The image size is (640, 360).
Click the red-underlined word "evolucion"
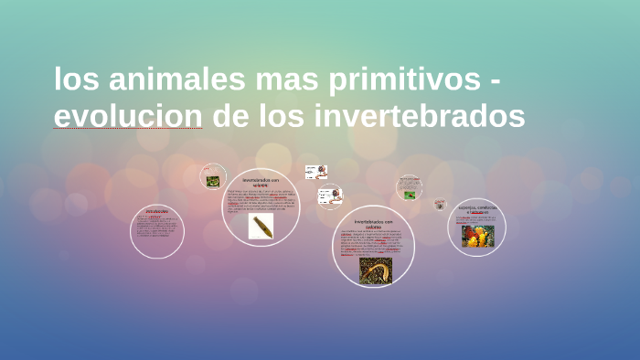coord(128,117)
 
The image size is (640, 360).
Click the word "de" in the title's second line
coord(229,117)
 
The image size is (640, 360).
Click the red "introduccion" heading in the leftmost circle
coord(156,212)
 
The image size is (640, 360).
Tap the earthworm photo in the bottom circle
coord(375,270)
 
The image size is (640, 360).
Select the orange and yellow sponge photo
coord(477,236)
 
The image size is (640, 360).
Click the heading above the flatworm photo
coord(261,183)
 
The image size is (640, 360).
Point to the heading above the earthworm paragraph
coord(373,225)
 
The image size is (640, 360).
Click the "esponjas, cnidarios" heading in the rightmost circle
coord(477,209)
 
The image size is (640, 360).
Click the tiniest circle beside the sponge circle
coord(440,205)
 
